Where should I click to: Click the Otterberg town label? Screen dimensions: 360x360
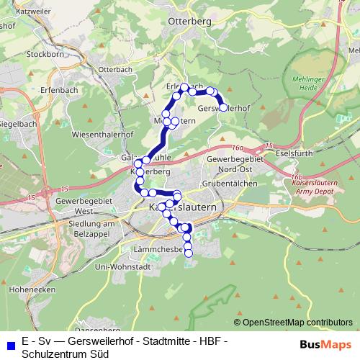coord(189,22)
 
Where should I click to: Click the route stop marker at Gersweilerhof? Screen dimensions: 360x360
coord(222,107)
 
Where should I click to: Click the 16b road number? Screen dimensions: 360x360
coord(294,176)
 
